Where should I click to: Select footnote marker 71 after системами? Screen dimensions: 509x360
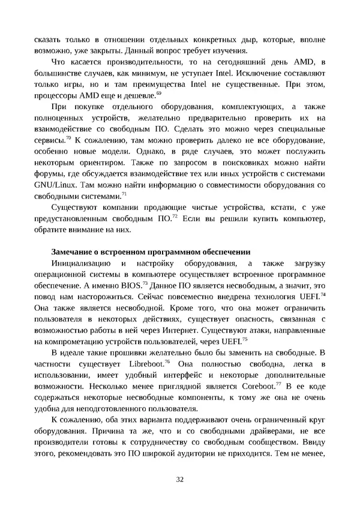[124, 194]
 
